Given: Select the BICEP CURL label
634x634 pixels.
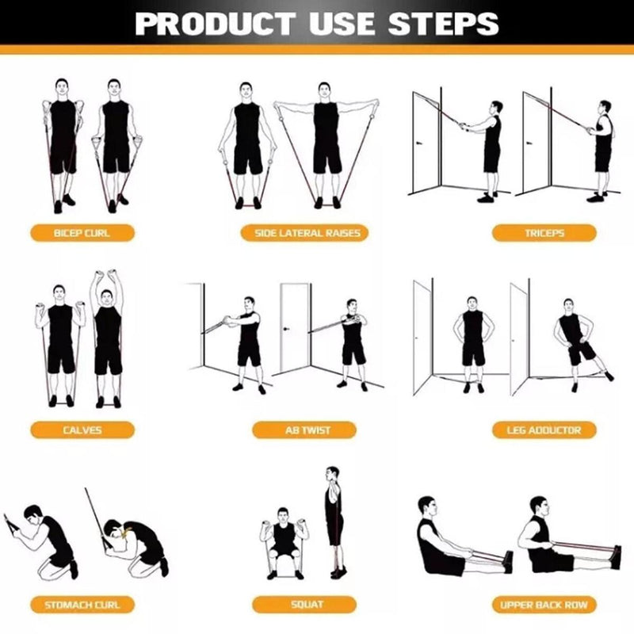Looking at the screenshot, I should click(82, 233).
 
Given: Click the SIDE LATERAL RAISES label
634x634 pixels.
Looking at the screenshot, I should click(306, 233).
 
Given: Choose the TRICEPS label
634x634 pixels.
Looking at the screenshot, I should click(544, 233).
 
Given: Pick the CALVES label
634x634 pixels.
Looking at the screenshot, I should click(82, 430).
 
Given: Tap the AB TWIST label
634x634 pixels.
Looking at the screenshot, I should click(307, 430).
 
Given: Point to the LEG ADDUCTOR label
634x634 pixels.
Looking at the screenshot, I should click(544, 430).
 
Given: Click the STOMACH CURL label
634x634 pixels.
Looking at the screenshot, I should click(82, 605).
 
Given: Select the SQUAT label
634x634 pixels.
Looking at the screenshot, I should click(307, 605).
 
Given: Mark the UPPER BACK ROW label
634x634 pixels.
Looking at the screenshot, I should click(544, 605).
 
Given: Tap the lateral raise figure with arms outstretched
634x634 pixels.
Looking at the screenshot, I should click(326, 143).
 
